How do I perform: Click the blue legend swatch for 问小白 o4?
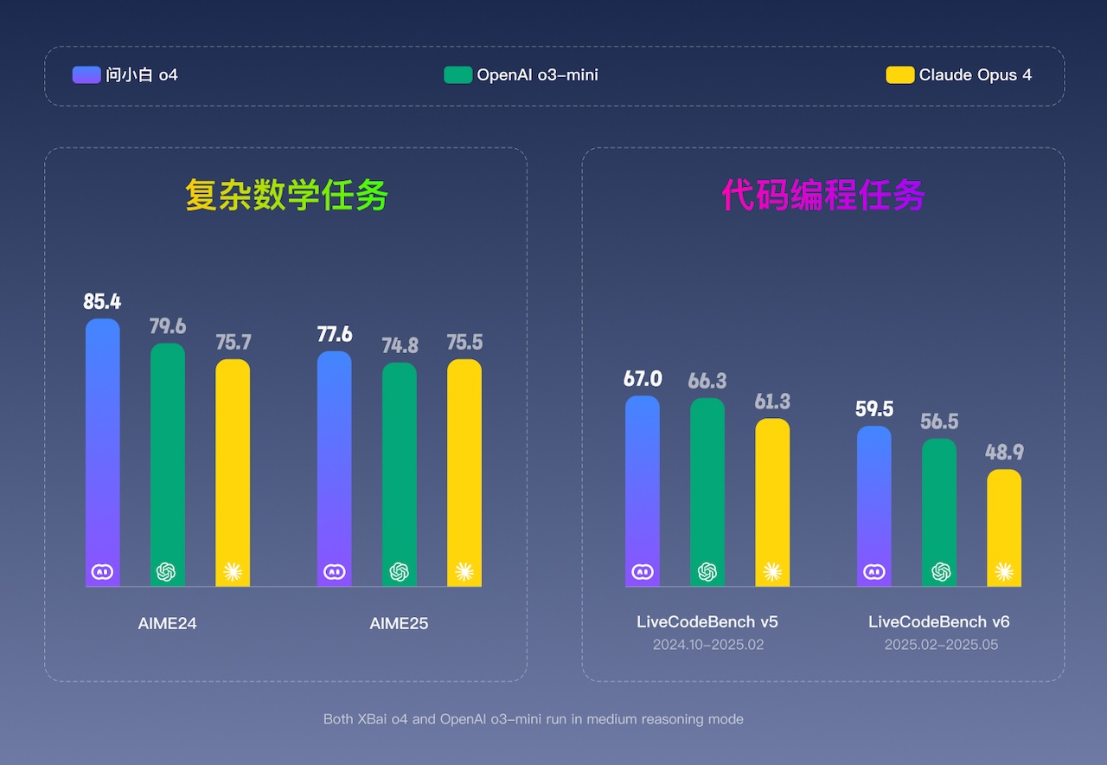tap(86, 74)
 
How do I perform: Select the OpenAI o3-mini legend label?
tap(537, 74)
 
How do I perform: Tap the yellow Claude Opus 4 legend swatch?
tap(899, 74)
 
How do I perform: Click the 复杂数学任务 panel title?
tap(286, 196)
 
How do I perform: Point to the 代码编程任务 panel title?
tap(823, 196)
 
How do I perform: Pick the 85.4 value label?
tap(102, 302)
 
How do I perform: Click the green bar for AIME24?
tap(168, 459)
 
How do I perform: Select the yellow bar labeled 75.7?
tap(233, 467)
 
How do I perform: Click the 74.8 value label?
tap(400, 346)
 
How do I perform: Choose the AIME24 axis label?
tap(168, 623)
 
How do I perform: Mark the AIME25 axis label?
tap(399, 623)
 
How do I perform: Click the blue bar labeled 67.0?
tap(643, 485)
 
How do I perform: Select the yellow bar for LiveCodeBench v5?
tap(772, 498)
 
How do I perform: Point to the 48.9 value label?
tap(1004, 453)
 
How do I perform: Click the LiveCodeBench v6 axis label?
tap(939, 621)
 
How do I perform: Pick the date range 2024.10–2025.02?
tap(708, 645)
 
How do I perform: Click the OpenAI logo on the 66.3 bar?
tap(707, 571)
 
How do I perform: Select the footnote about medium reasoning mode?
tap(534, 719)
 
